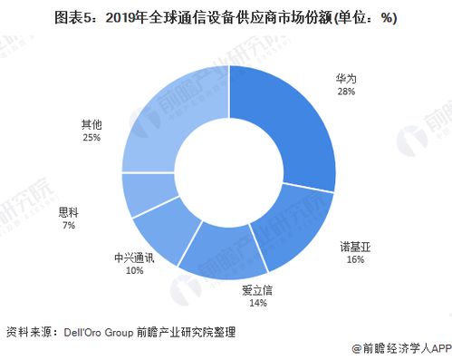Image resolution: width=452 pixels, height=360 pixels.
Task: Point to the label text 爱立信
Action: (256, 290)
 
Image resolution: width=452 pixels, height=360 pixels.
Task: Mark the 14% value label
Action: (256, 304)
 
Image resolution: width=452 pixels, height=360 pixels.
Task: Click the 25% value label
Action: (91, 138)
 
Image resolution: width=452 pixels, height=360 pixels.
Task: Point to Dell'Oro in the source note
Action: (88, 332)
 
